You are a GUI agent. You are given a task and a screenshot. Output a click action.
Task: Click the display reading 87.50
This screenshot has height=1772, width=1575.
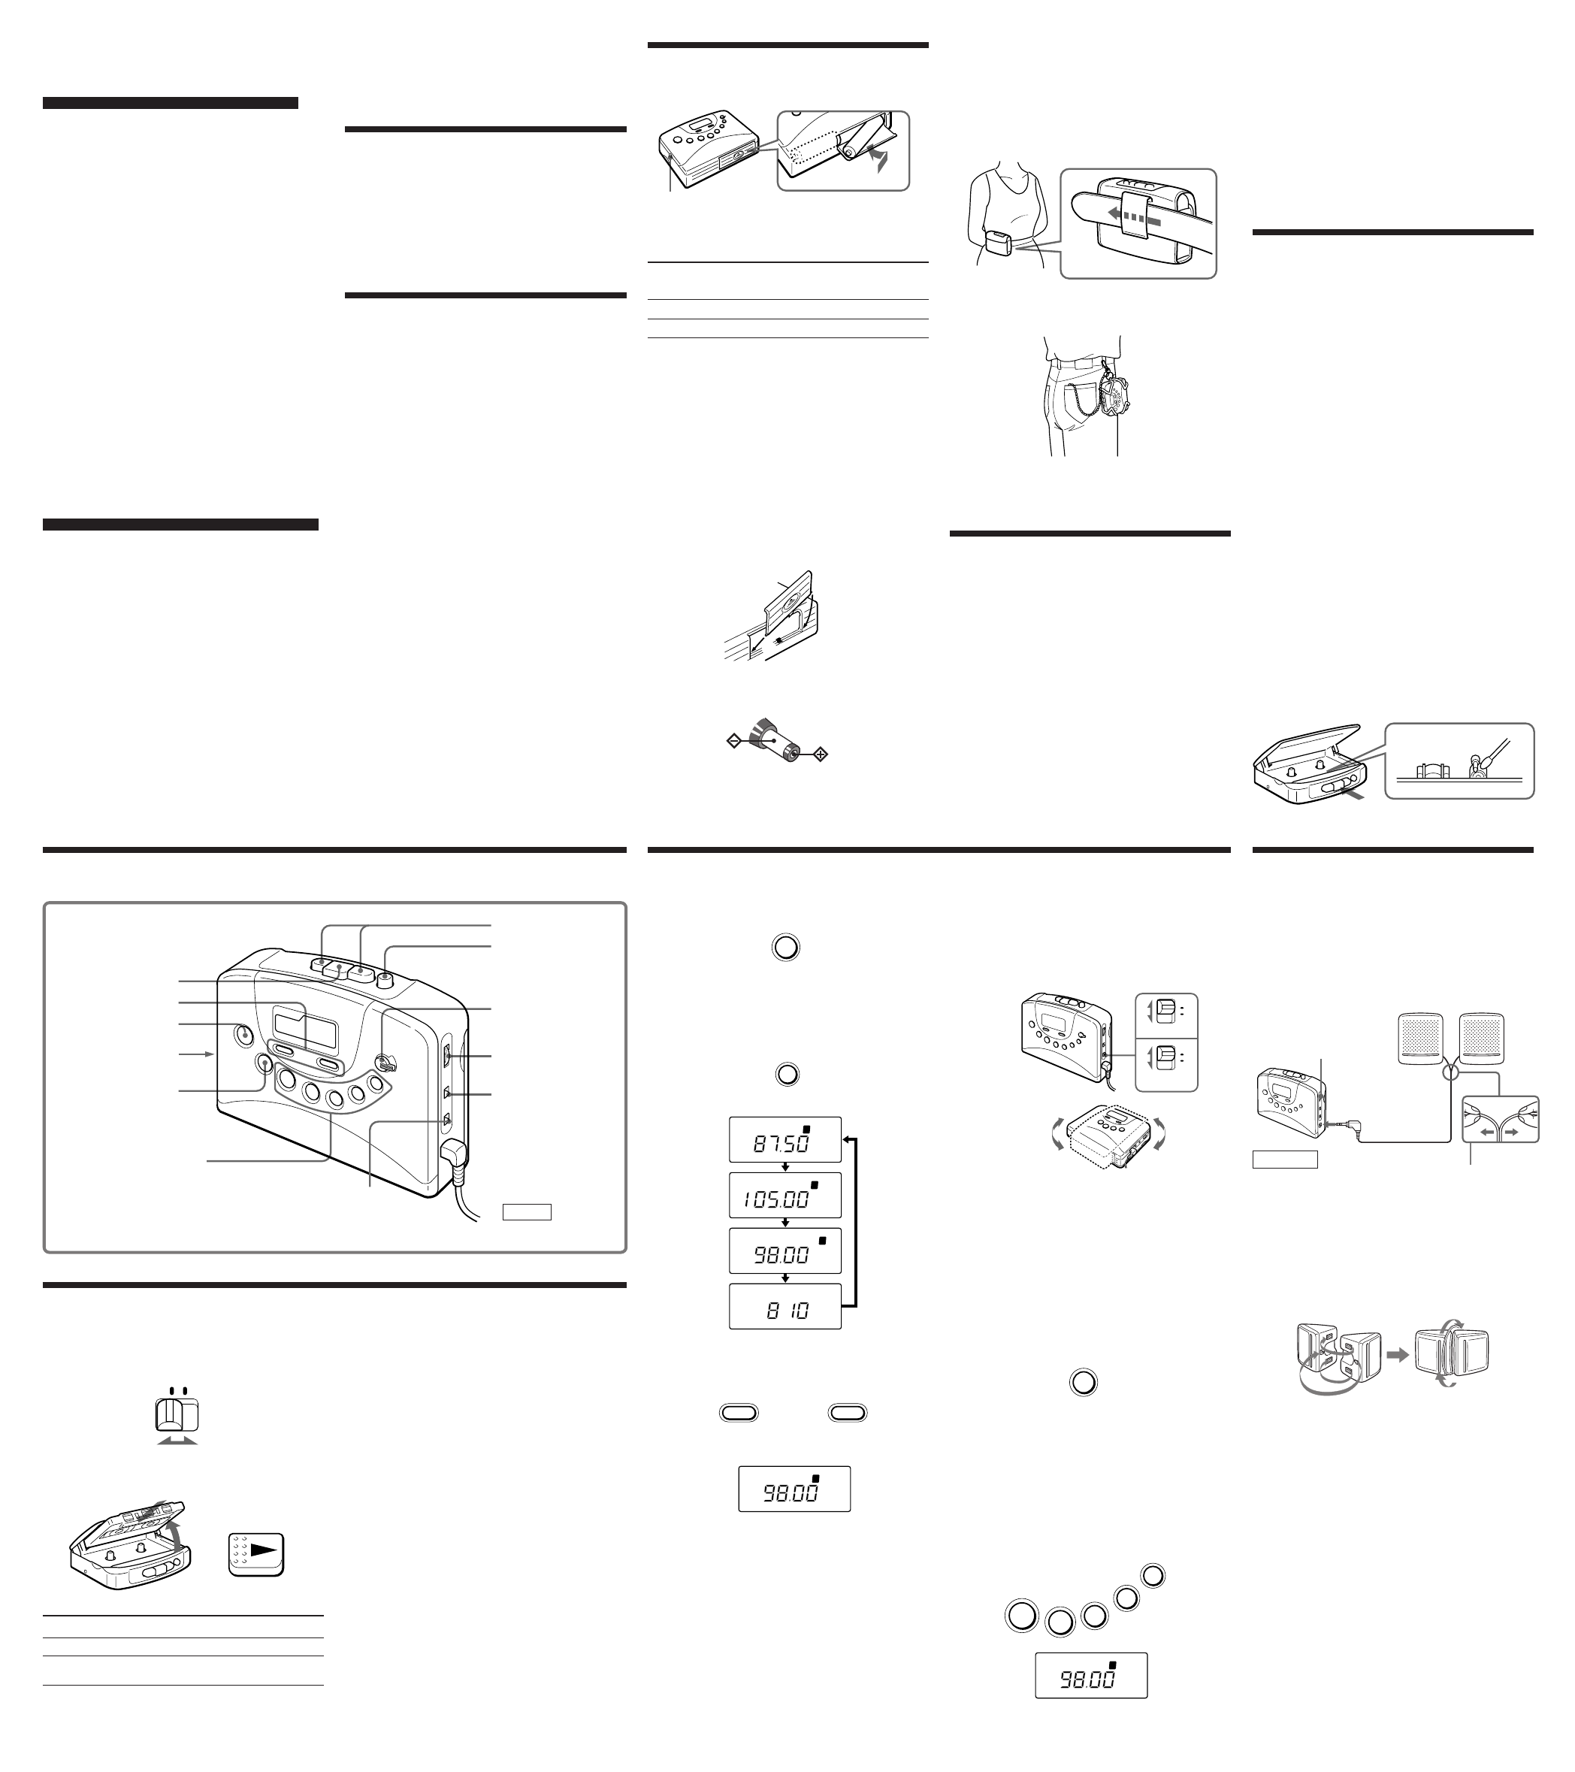[x=784, y=1140]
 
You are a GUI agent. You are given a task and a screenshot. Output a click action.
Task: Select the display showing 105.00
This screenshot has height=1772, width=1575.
[x=784, y=1196]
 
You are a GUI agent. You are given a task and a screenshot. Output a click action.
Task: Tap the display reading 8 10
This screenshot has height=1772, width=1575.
[x=784, y=1307]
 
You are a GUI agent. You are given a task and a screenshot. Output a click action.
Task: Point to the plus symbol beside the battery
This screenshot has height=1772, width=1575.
[x=820, y=754]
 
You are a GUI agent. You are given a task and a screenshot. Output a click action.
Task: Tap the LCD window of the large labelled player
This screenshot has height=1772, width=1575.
[x=304, y=1024]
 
